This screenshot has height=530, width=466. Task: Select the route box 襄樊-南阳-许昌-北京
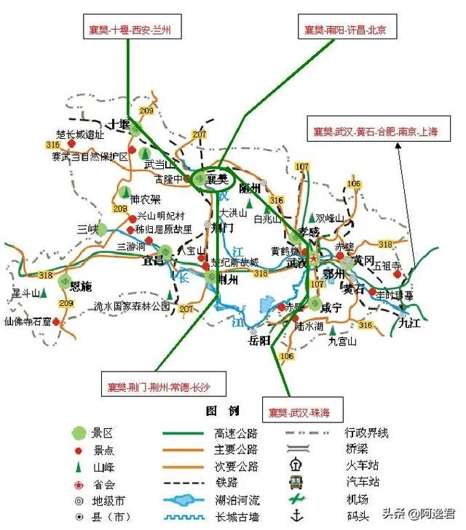tap(345, 29)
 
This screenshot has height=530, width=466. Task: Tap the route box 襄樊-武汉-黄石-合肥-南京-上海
tap(376, 131)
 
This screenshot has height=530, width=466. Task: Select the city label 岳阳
tap(259, 340)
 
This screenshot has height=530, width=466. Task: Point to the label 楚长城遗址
tap(81, 134)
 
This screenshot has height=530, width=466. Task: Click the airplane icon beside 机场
tap(296, 499)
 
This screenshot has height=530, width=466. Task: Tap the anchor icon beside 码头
tap(296, 517)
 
